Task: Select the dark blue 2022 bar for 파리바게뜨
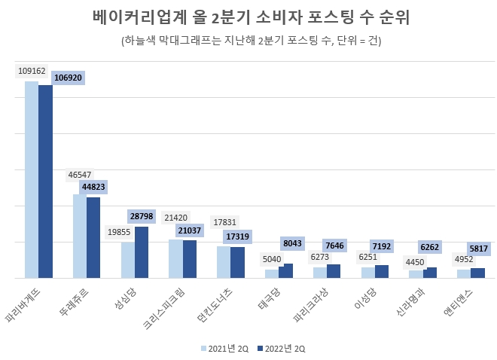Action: [x=45, y=181]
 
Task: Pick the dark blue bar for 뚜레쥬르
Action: [x=93, y=237]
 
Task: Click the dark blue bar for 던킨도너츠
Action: [x=237, y=263]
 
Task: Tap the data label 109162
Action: [x=31, y=72]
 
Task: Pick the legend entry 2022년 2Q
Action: [x=282, y=348]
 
